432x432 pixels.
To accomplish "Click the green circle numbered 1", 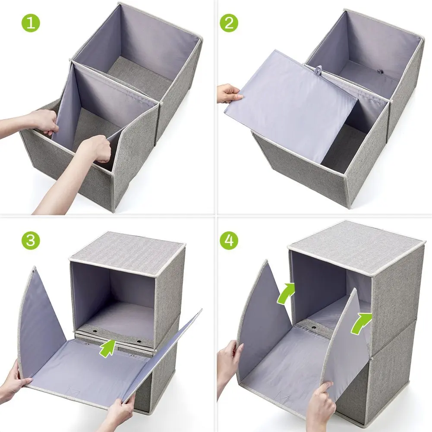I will point(30,23).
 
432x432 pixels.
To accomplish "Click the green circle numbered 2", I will point(229,23).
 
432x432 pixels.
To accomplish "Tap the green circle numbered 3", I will point(30,240).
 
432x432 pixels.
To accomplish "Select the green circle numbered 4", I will point(229,240).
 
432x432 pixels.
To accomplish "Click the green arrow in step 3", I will point(108,347).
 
